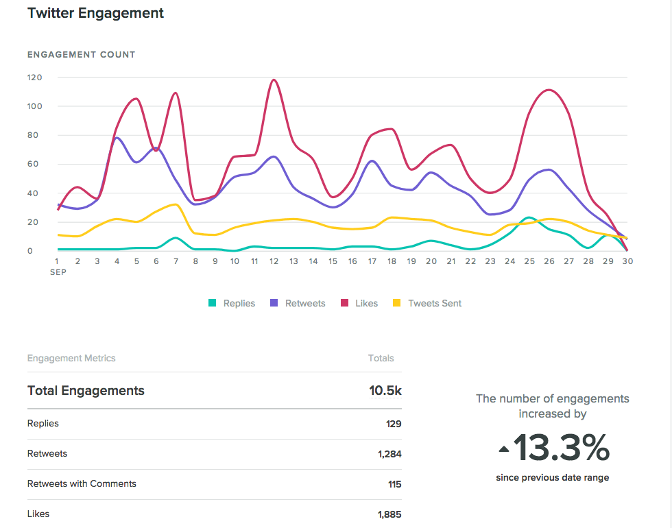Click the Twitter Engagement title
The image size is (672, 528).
tap(95, 13)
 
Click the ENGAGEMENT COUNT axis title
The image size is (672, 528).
tap(81, 54)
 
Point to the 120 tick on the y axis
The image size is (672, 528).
tap(34, 77)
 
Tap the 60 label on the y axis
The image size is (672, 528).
tap(34, 164)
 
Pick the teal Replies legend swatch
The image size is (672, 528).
tap(213, 303)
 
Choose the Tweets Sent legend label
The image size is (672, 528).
tap(435, 303)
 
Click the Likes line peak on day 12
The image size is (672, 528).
tap(274, 80)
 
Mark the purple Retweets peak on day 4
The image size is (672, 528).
tap(117, 138)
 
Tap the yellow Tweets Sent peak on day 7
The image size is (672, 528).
tap(175, 204)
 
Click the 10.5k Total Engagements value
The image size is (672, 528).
tap(385, 391)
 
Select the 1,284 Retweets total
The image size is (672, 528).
tap(388, 454)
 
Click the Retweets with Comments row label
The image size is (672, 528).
tap(82, 483)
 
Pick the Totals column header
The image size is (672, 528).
tap(381, 358)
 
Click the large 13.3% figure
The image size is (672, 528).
tap(561, 448)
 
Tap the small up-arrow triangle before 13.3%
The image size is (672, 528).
tap(504, 450)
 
